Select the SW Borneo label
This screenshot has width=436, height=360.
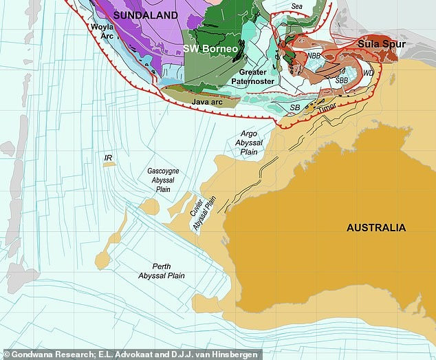[x=211, y=50]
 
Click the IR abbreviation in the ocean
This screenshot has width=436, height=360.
[x=108, y=158]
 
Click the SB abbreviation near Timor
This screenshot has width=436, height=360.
[x=294, y=108]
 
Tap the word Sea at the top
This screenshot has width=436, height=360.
[x=296, y=6]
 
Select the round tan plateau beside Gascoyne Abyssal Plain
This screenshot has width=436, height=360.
[x=149, y=207]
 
